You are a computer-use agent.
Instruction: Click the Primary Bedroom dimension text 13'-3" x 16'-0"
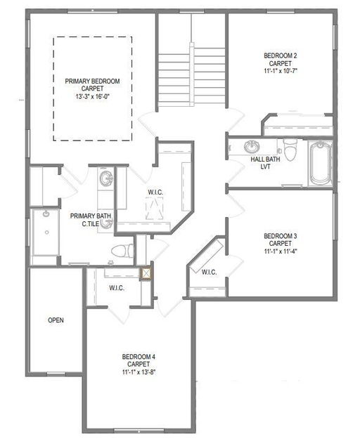click(x=92, y=97)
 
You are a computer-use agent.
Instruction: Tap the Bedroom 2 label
click(x=281, y=55)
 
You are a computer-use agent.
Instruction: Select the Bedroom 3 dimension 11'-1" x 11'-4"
click(x=281, y=251)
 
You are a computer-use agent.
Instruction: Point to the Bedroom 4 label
click(x=139, y=357)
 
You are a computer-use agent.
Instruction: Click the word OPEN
click(x=56, y=320)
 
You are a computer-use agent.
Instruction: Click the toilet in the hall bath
click(x=290, y=149)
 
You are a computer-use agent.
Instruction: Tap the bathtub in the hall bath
click(x=320, y=162)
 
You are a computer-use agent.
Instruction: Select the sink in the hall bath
click(x=252, y=147)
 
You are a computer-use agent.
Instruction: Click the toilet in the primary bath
click(x=122, y=251)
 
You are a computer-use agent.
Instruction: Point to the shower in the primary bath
click(x=46, y=232)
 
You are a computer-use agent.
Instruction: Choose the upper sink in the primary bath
click(x=106, y=178)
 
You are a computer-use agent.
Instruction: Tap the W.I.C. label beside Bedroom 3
click(x=209, y=272)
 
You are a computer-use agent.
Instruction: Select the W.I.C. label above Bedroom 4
click(x=117, y=288)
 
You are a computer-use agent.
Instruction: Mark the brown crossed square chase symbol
click(x=146, y=274)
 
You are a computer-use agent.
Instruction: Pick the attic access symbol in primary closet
click(x=154, y=208)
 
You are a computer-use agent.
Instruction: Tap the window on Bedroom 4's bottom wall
click(x=139, y=431)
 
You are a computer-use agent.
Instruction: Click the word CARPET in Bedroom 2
click(x=281, y=63)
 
